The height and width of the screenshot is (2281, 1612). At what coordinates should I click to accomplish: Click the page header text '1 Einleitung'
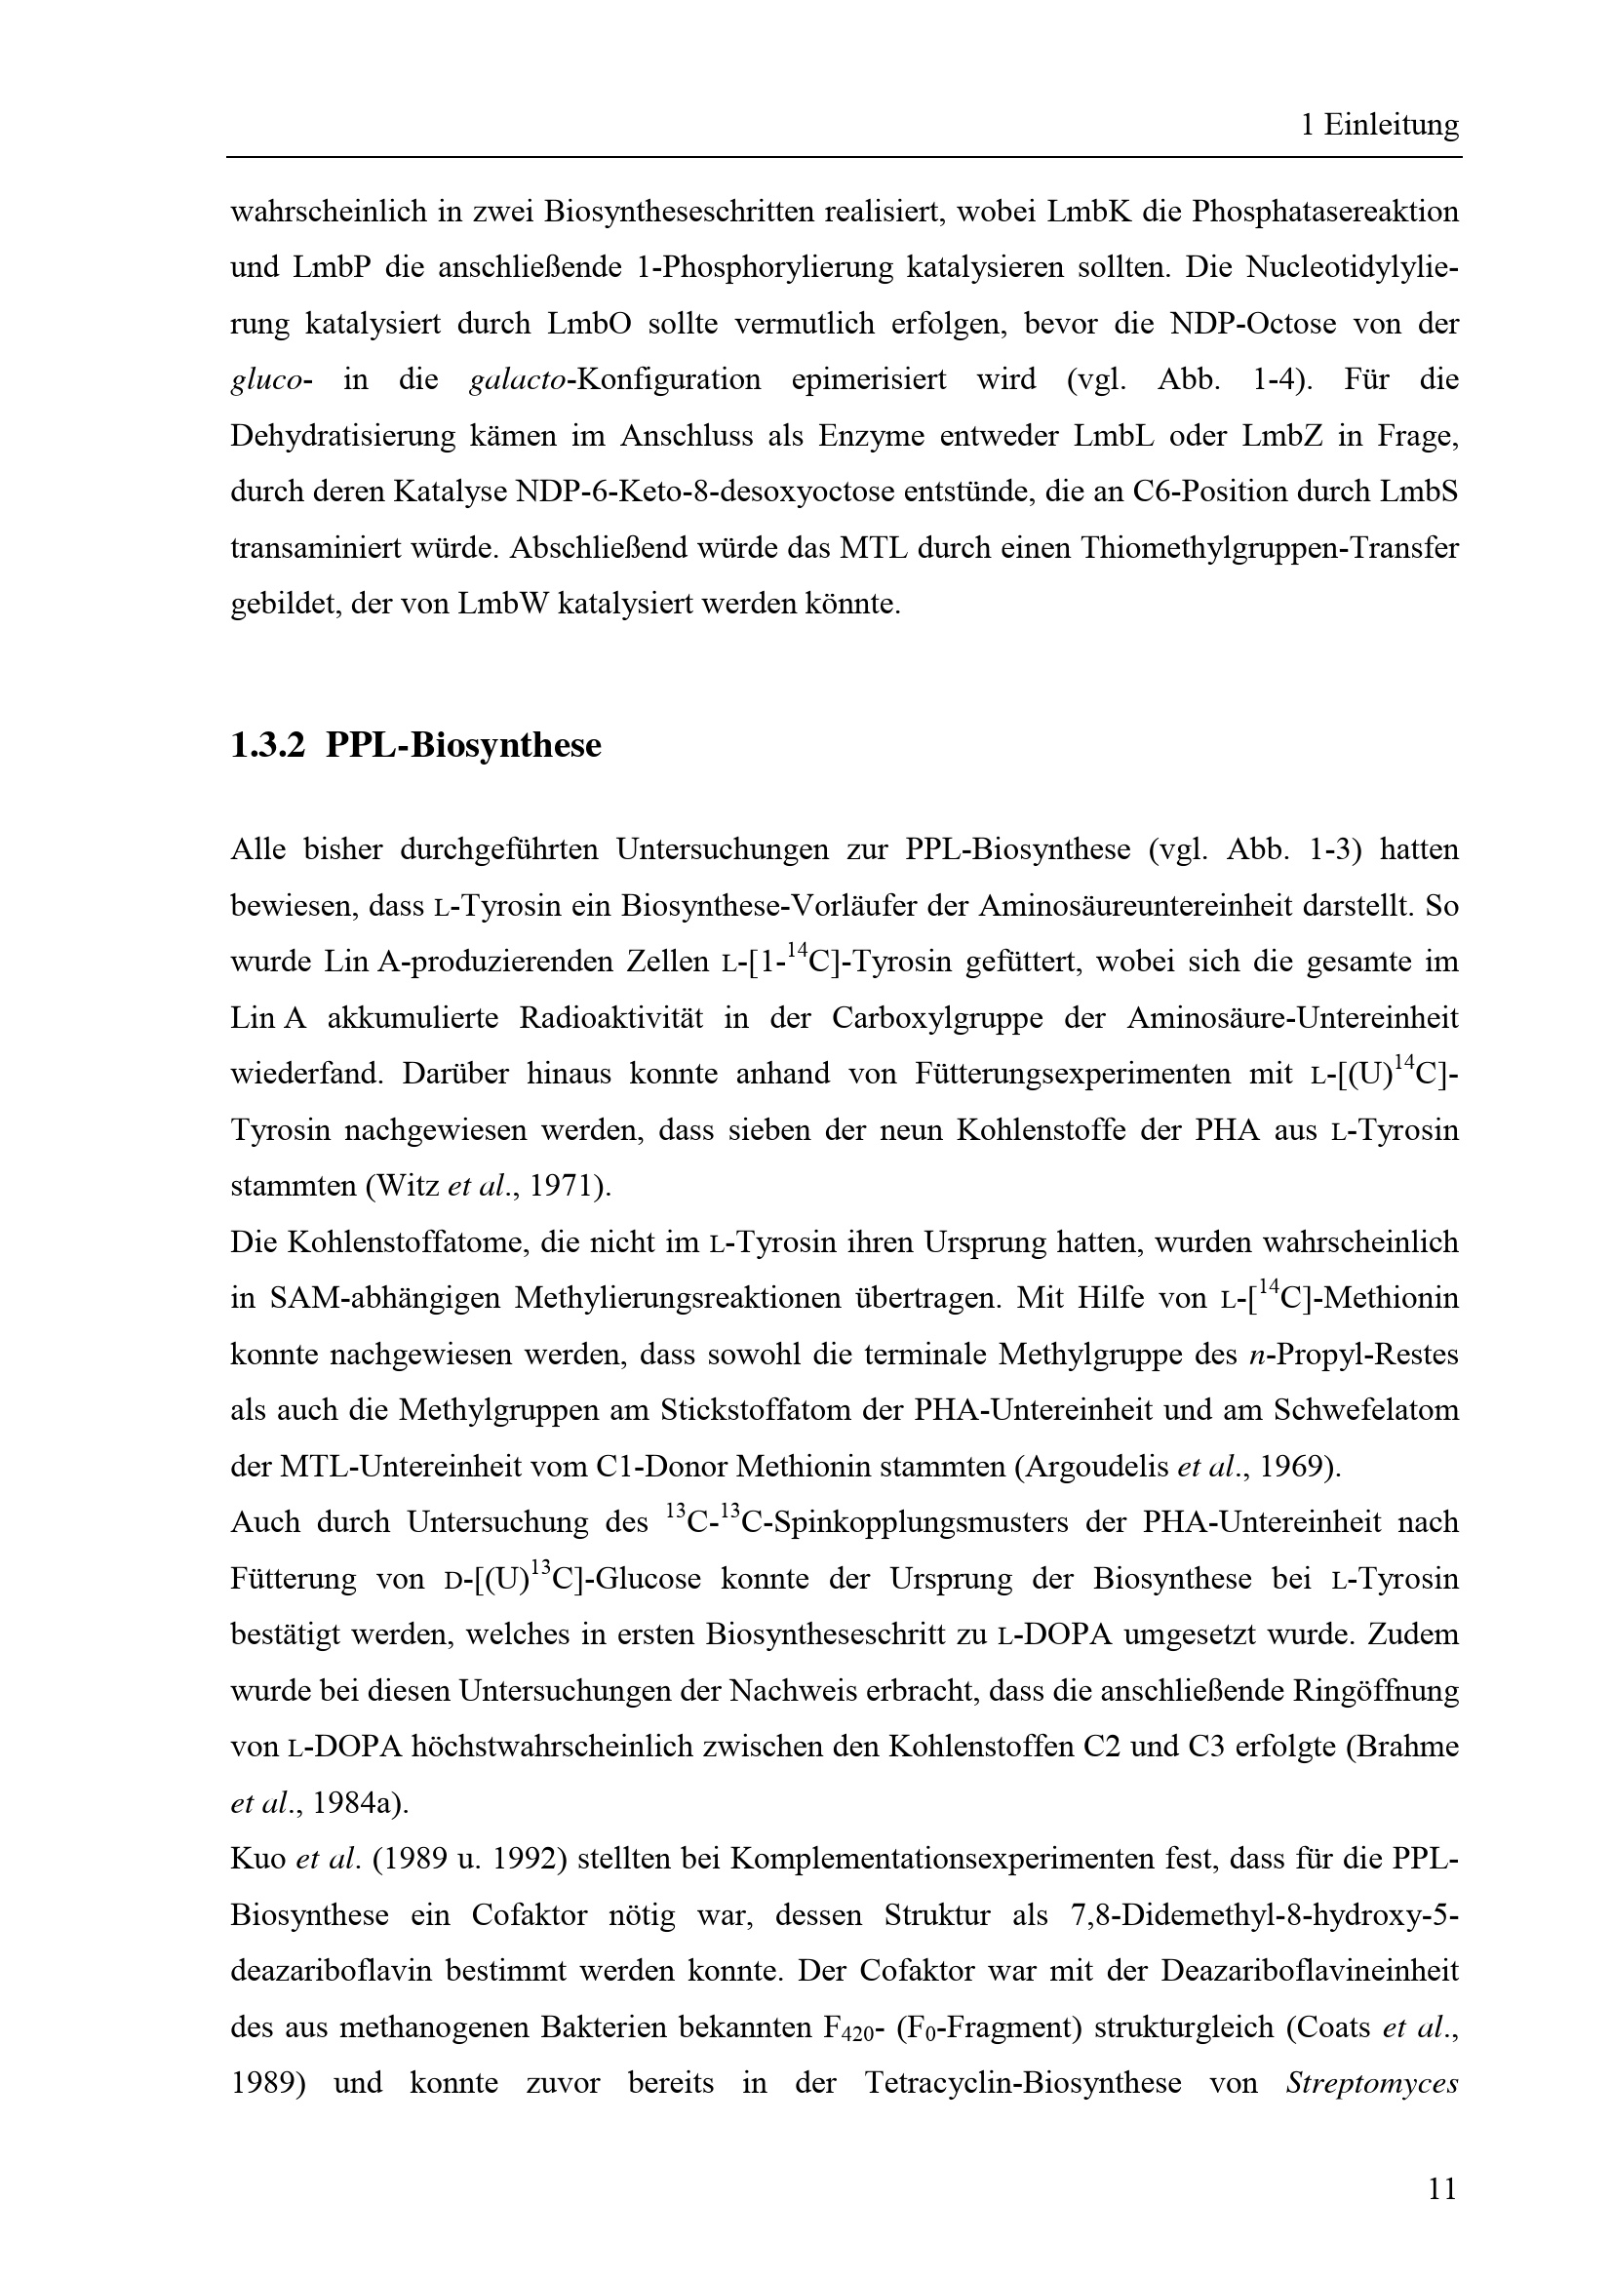pyautogui.click(x=1380, y=125)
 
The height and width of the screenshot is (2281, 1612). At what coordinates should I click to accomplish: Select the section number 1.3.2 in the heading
pyautogui.click(x=267, y=745)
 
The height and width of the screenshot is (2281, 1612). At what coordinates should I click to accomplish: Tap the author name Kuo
pyautogui.click(x=257, y=1859)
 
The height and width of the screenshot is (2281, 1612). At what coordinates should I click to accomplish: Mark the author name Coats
pyautogui.click(x=1328, y=2026)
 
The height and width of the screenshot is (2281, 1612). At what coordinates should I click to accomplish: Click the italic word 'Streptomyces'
pyautogui.click(x=1372, y=2083)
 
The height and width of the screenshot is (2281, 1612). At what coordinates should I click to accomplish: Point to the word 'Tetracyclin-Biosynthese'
pyautogui.click(x=1022, y=2083)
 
